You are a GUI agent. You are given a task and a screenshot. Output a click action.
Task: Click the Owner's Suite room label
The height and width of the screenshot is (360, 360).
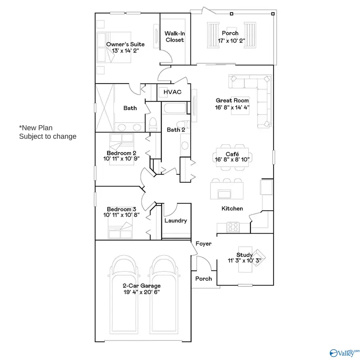coord(125,44)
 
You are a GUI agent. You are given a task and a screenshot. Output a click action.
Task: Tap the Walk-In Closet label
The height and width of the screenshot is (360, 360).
coord(174,36)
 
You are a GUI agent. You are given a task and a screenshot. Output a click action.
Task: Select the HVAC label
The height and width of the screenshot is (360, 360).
coord(172,92)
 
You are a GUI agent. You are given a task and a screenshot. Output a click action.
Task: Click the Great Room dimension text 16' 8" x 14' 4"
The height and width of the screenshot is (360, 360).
coord(232,107)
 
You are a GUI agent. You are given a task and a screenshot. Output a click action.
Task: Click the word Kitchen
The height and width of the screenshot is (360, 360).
coord(232,208)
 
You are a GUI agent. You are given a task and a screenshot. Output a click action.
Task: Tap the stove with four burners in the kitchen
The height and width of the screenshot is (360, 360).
coord(233,227)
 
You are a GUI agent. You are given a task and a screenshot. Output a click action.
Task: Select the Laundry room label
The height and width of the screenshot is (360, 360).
coord(176,221)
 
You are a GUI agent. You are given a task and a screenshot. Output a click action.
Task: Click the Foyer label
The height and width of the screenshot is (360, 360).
coord(203,244)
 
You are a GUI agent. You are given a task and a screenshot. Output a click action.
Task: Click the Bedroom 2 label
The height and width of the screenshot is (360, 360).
coord(122,153)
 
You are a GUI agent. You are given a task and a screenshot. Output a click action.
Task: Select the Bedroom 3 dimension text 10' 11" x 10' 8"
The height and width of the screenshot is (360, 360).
coord(122,215)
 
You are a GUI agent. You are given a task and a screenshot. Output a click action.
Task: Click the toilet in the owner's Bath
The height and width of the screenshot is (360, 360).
coord(152,125)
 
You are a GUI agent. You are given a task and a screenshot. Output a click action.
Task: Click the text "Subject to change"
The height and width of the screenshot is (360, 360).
coord(48,136)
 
